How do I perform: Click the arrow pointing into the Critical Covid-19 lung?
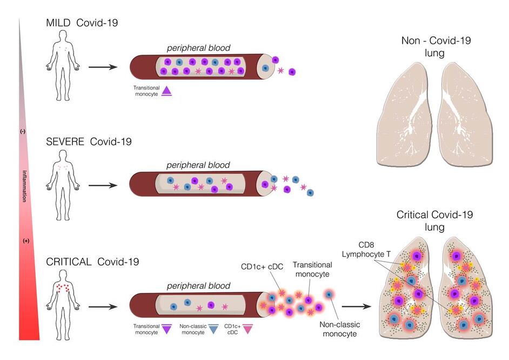pos(361,306)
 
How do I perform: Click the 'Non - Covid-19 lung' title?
pos(430,47)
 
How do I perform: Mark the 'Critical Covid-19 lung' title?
pos(434,221)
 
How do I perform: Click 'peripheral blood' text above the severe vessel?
pos(198,165)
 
